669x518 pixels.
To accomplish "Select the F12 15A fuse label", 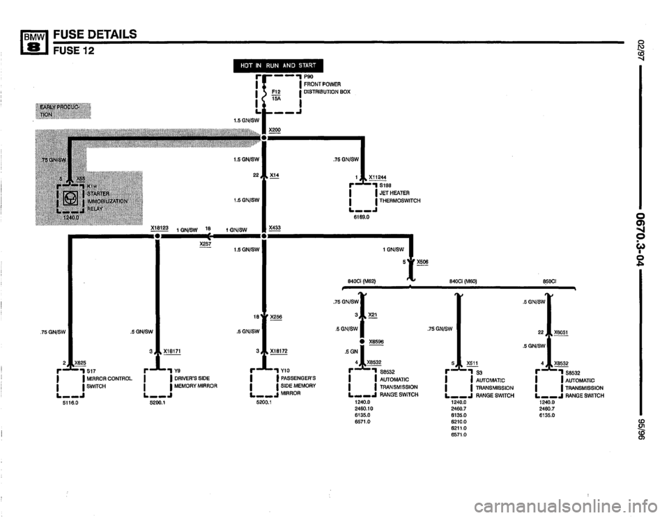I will pos(276,95).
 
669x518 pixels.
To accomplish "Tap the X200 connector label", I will pos(275,130).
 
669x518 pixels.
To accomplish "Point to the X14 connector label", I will pos(274,175).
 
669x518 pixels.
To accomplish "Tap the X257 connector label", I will pos(205,244).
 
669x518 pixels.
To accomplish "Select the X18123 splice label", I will pos(160,227).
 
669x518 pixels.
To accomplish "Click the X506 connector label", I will pos(423,262).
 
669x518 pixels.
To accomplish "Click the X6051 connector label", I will pos(560,332).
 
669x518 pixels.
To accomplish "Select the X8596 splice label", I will pos(376,341).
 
